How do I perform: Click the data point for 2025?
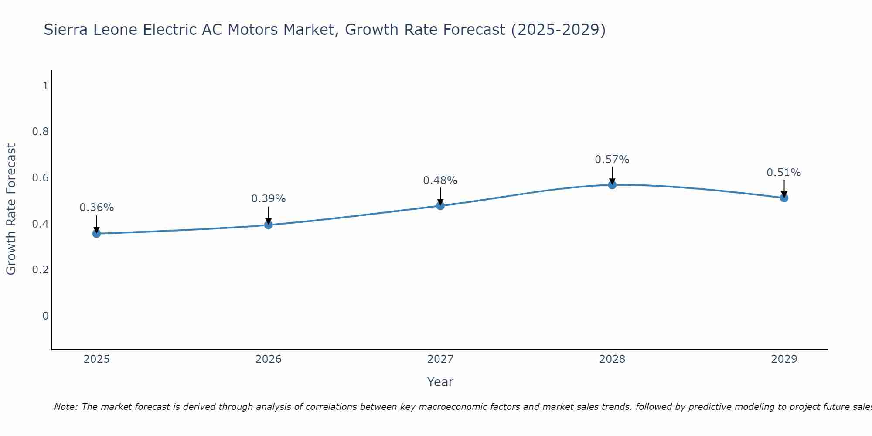point(96,234)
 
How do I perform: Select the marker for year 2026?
point(269,225)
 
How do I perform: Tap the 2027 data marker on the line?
point(440,205)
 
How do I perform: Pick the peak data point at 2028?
point(612,185)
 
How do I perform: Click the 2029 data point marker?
point(784,198)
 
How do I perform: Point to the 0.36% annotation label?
point(96,208)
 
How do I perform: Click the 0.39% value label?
point(269,199)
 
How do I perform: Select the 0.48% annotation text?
point(440,181)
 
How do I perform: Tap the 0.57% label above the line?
point(612,160)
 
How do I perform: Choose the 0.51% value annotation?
point(784,173)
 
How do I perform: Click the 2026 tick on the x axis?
point(269,359)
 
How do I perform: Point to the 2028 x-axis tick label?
point(612,359)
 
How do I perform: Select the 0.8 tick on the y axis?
point(40,132)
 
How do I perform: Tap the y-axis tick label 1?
point(45,86)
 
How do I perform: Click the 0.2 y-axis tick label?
point(40,270)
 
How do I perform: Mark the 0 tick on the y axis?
point(45,316)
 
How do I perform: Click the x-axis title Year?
point(440,382)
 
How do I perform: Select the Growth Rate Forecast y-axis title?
point(11,209)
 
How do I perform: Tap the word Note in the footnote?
point(65,407)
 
